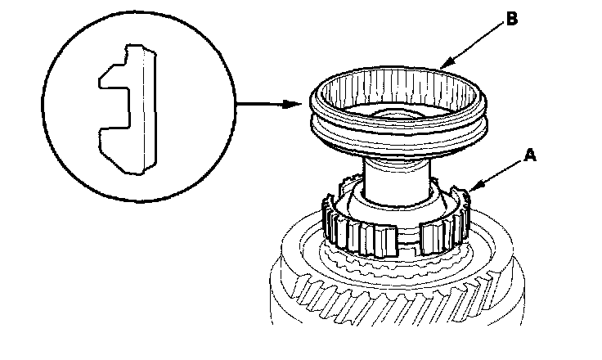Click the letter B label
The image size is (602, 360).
click(512, 20)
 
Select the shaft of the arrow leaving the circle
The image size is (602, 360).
click(262, 105)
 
